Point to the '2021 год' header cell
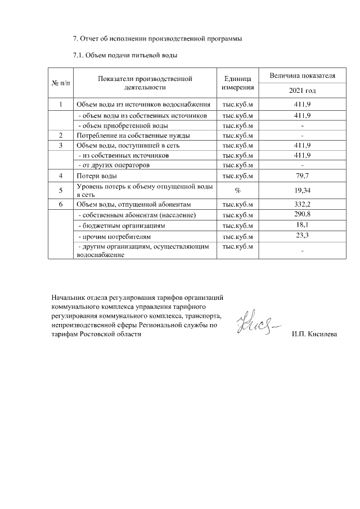(x=302, y=91)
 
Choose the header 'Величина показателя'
(x=302, y=75)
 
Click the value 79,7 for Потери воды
(x=302, y=177)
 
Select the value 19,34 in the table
(x=302, y=191)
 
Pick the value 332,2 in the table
(x=302, y=205)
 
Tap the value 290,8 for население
(x=302, y=215)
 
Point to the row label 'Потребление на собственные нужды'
(x=133, y=136)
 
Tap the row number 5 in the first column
(x=61, y=191)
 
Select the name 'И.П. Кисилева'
(x=314, y=334)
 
